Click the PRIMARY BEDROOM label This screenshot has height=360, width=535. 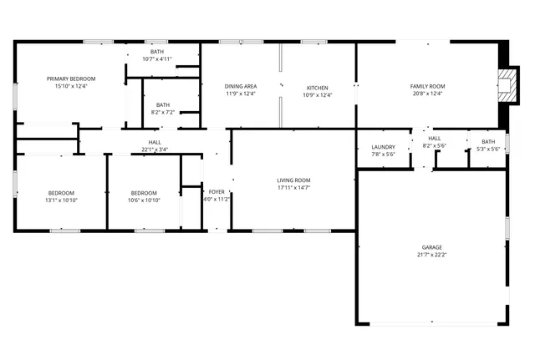pos(71,79)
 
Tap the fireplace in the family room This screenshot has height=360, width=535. pos(506,84)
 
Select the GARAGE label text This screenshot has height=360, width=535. pos(431,247)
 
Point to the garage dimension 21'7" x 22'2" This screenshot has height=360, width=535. pos(431,256)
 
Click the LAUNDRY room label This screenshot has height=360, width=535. pos(383,147)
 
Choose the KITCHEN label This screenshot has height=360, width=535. pos(317,88)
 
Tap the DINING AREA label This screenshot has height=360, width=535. pos(241,86)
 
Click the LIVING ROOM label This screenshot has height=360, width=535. pos(293,180)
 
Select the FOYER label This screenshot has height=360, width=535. pos(217,191)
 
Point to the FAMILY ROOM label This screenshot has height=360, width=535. pos(427,86)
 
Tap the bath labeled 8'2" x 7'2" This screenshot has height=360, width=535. pos(162,108)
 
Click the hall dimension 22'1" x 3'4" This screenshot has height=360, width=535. pos(155,150)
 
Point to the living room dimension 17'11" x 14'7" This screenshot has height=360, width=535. pos(293,188)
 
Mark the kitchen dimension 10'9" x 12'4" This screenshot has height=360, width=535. pos(317,95)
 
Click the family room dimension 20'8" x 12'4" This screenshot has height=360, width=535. pos(427,94)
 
